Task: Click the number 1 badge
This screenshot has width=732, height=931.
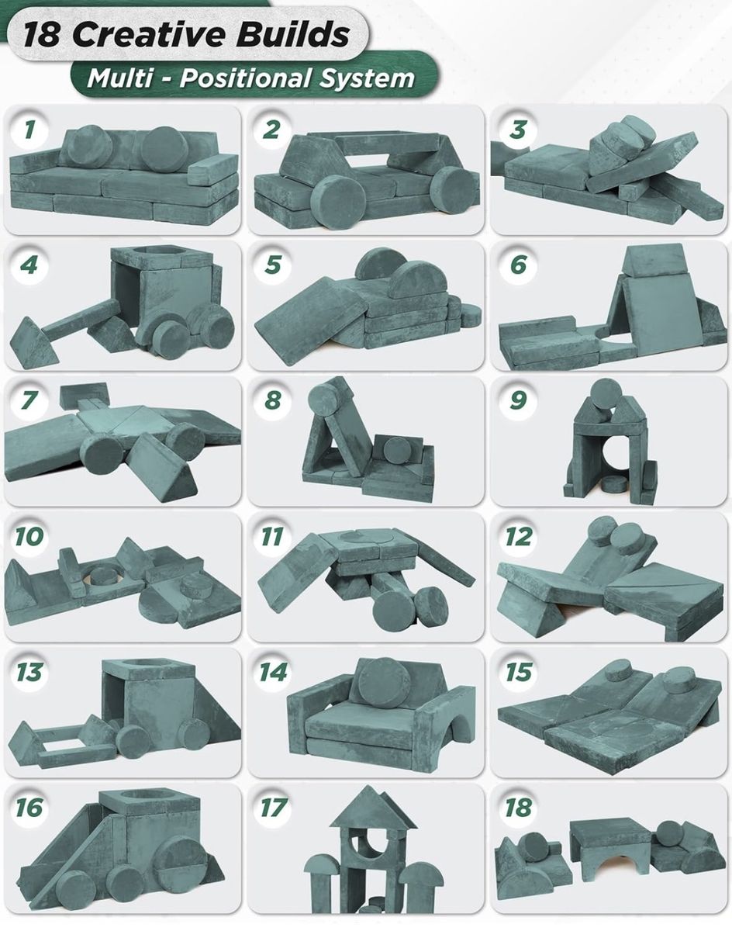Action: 29,129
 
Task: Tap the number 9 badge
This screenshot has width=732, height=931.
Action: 518,400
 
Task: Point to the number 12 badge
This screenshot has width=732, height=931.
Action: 518,537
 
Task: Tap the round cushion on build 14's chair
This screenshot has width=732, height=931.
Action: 382,684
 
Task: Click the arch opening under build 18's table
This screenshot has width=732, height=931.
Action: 613,866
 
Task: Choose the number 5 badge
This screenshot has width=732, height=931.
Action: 273,265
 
